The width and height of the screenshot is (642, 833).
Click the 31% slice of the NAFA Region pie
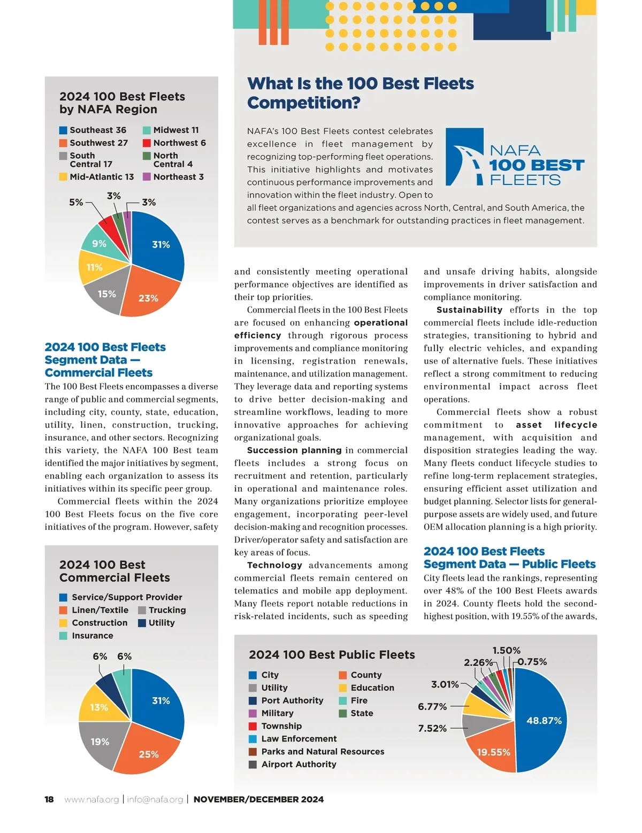point(160,244)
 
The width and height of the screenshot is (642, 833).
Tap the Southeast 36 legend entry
point(93,130)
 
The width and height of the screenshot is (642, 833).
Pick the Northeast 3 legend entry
point(173,177)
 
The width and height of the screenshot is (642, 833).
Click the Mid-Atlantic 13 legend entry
point(97,177)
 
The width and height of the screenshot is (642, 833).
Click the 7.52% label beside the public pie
point(432,728)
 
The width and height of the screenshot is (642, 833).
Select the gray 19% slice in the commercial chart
point(100,742)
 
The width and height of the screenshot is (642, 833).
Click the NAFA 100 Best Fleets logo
point(515,157)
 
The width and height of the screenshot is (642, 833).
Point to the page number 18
point(49,799)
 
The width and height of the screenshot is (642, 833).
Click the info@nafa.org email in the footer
point(155,799)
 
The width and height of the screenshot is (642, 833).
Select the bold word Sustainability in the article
point(469,310)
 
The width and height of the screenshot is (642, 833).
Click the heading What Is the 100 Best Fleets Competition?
point(360,93)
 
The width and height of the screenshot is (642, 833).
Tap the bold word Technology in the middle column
point(274,565)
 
